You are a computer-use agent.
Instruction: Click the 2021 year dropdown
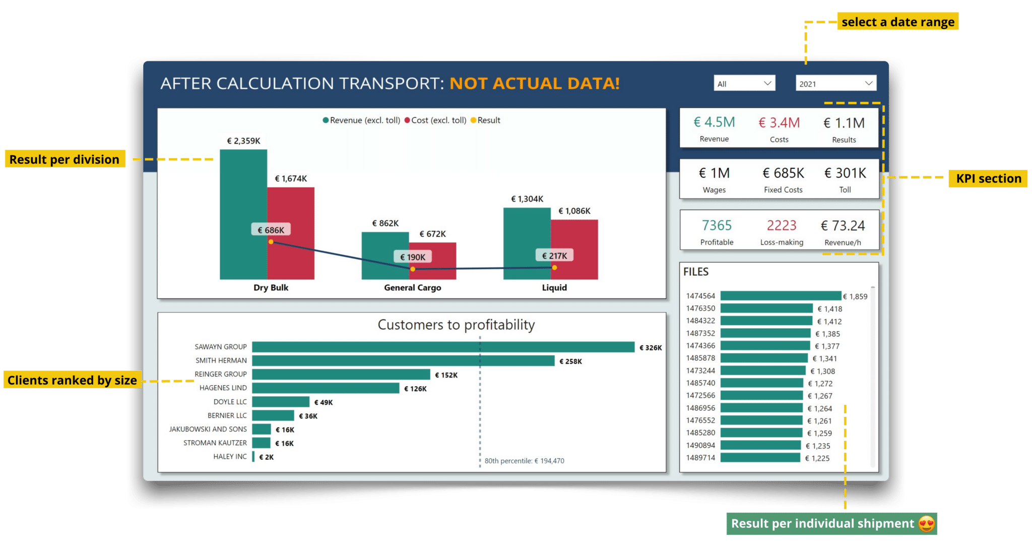(836, 83)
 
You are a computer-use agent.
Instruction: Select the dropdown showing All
(744, 83)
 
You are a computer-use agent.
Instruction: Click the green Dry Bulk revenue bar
(243, 214)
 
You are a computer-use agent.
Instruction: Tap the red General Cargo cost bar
(432, 261)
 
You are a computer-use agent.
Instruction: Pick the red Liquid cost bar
(574, 249)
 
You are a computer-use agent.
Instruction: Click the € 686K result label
(271, 230)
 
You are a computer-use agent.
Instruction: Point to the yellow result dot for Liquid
(554, 268)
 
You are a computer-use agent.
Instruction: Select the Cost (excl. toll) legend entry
(435, 120)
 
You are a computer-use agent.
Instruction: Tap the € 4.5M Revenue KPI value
(714, 123)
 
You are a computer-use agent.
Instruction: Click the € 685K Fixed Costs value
(783, 173)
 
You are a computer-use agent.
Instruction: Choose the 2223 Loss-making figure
(782, 225)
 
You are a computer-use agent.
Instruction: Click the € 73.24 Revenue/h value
(843, 225)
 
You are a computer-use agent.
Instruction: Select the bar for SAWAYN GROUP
(443, 347)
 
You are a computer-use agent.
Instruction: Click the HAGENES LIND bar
(326, 388)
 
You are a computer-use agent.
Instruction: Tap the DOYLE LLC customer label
(230, 402)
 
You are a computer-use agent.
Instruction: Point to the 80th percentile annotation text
(524, 461)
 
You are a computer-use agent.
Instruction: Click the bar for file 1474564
(781, 296)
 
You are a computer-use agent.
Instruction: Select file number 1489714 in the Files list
(700, 458)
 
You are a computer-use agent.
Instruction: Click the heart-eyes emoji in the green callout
(926, 524)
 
